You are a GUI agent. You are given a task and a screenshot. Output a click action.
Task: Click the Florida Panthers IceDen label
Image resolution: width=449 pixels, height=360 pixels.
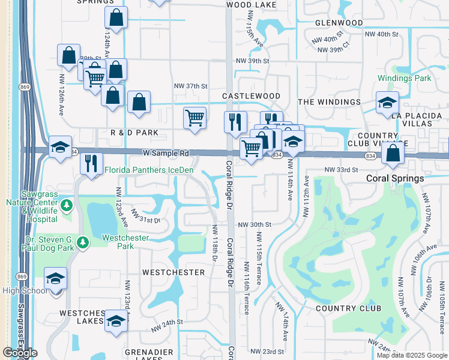(x=149, y=170)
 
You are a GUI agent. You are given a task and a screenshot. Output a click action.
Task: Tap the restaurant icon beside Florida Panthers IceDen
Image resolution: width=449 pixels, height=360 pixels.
(x=91, y=163)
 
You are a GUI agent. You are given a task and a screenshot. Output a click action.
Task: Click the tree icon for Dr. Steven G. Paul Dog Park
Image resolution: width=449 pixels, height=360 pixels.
(x=83, y=242)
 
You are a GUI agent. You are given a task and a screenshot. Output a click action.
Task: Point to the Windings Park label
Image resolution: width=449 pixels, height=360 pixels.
(x=405, y=79)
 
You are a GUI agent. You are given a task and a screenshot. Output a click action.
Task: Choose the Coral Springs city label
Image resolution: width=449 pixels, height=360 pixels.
(x=395, y=178)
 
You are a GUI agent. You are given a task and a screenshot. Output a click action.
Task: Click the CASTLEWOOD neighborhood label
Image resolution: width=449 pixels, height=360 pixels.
(x=251, y=96)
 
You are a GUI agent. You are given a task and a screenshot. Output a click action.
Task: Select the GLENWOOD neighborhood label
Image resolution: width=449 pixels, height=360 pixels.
(x=339, y=23)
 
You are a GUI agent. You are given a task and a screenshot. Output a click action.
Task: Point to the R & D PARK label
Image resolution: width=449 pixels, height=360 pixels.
(x=134, y=132)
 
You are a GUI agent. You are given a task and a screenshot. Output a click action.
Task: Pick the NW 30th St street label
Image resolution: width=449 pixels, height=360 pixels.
(x=255, y=224)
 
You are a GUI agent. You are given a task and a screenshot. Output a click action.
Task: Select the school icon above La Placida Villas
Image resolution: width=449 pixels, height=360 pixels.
(x=387, y=103)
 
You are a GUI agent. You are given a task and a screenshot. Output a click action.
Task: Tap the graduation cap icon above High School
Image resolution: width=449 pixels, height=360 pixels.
(x=55, y=278)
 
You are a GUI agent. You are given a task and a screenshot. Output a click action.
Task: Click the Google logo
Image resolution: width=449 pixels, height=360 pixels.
(x=20, y=353)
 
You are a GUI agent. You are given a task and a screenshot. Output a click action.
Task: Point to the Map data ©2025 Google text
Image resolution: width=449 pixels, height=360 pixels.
(x=411, y=355)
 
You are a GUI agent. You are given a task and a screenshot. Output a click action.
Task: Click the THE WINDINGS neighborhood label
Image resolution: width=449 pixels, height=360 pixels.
(x=330, y=102)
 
